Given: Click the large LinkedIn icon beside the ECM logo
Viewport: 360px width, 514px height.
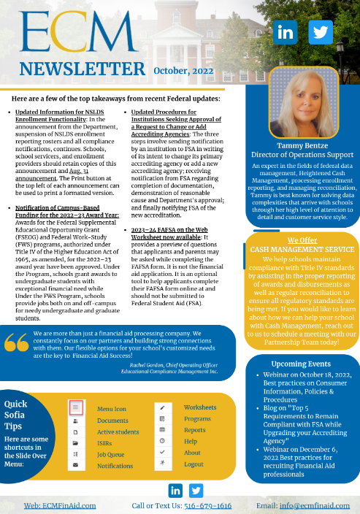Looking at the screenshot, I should [x=286, y=32].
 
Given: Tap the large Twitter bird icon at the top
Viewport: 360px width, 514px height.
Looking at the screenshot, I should [x=320, y=32].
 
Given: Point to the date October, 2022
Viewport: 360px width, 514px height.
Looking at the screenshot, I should [x=184, y=70].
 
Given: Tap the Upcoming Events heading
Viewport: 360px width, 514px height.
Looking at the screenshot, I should [x=302, y=363].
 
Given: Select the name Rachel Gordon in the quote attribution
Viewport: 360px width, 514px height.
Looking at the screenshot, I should [x=149, y=364].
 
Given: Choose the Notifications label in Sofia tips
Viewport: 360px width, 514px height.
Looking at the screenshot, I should [x=115, y=465].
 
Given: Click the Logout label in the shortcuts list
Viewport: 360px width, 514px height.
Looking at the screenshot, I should [x=194, y=464].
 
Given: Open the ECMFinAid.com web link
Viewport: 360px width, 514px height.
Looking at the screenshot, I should [x=60, y=505].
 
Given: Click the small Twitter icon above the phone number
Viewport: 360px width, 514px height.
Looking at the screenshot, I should [x=195, y=489].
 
